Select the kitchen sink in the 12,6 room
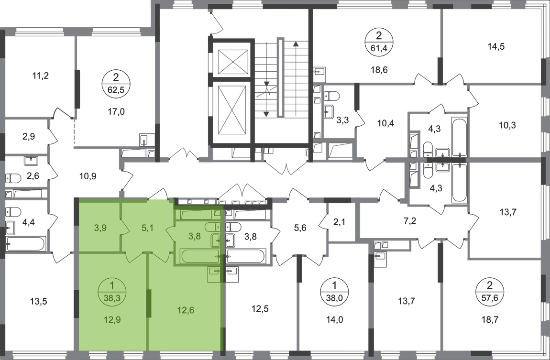coord(214,273)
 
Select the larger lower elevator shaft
coord(231,110)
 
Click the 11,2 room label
coord(41,75)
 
